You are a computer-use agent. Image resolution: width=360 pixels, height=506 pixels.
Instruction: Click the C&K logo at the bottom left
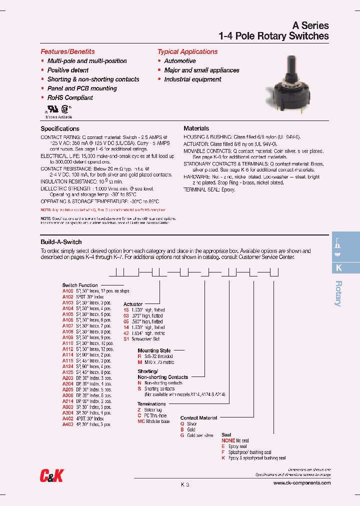coord(51,477)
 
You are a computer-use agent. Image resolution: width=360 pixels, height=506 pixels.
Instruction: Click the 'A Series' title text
coord(310,25)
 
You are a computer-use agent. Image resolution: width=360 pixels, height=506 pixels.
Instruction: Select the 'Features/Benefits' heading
coord(67,51)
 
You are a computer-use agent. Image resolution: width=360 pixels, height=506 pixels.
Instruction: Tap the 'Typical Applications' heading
coord(187,51)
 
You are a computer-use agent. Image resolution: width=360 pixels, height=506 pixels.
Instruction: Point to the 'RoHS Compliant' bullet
coord(70,98)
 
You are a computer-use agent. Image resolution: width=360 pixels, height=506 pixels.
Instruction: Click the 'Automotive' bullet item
coord(180,61)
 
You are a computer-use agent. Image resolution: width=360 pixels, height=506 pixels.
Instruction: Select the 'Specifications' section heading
coord(60,129)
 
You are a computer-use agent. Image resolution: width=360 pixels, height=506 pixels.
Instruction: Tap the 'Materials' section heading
coord(196,129)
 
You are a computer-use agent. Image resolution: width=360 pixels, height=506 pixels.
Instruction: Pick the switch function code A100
coord(67,291)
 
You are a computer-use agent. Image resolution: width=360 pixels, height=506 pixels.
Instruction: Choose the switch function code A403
coord(67,424)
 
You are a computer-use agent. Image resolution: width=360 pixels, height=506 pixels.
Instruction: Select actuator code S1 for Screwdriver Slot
coord(126,338)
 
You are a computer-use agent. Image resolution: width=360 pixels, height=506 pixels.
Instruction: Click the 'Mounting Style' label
coord(154,351)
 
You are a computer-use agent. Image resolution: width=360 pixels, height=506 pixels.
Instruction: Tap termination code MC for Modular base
coord(141,421)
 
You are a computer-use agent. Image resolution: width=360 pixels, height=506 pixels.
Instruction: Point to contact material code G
coord(182,435)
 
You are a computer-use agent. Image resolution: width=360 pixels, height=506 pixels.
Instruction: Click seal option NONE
coord(228,440)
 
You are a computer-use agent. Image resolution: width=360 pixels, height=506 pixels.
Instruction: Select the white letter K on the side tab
coord(338,268)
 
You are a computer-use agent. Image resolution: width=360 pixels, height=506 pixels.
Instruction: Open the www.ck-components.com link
coord(301,483)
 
